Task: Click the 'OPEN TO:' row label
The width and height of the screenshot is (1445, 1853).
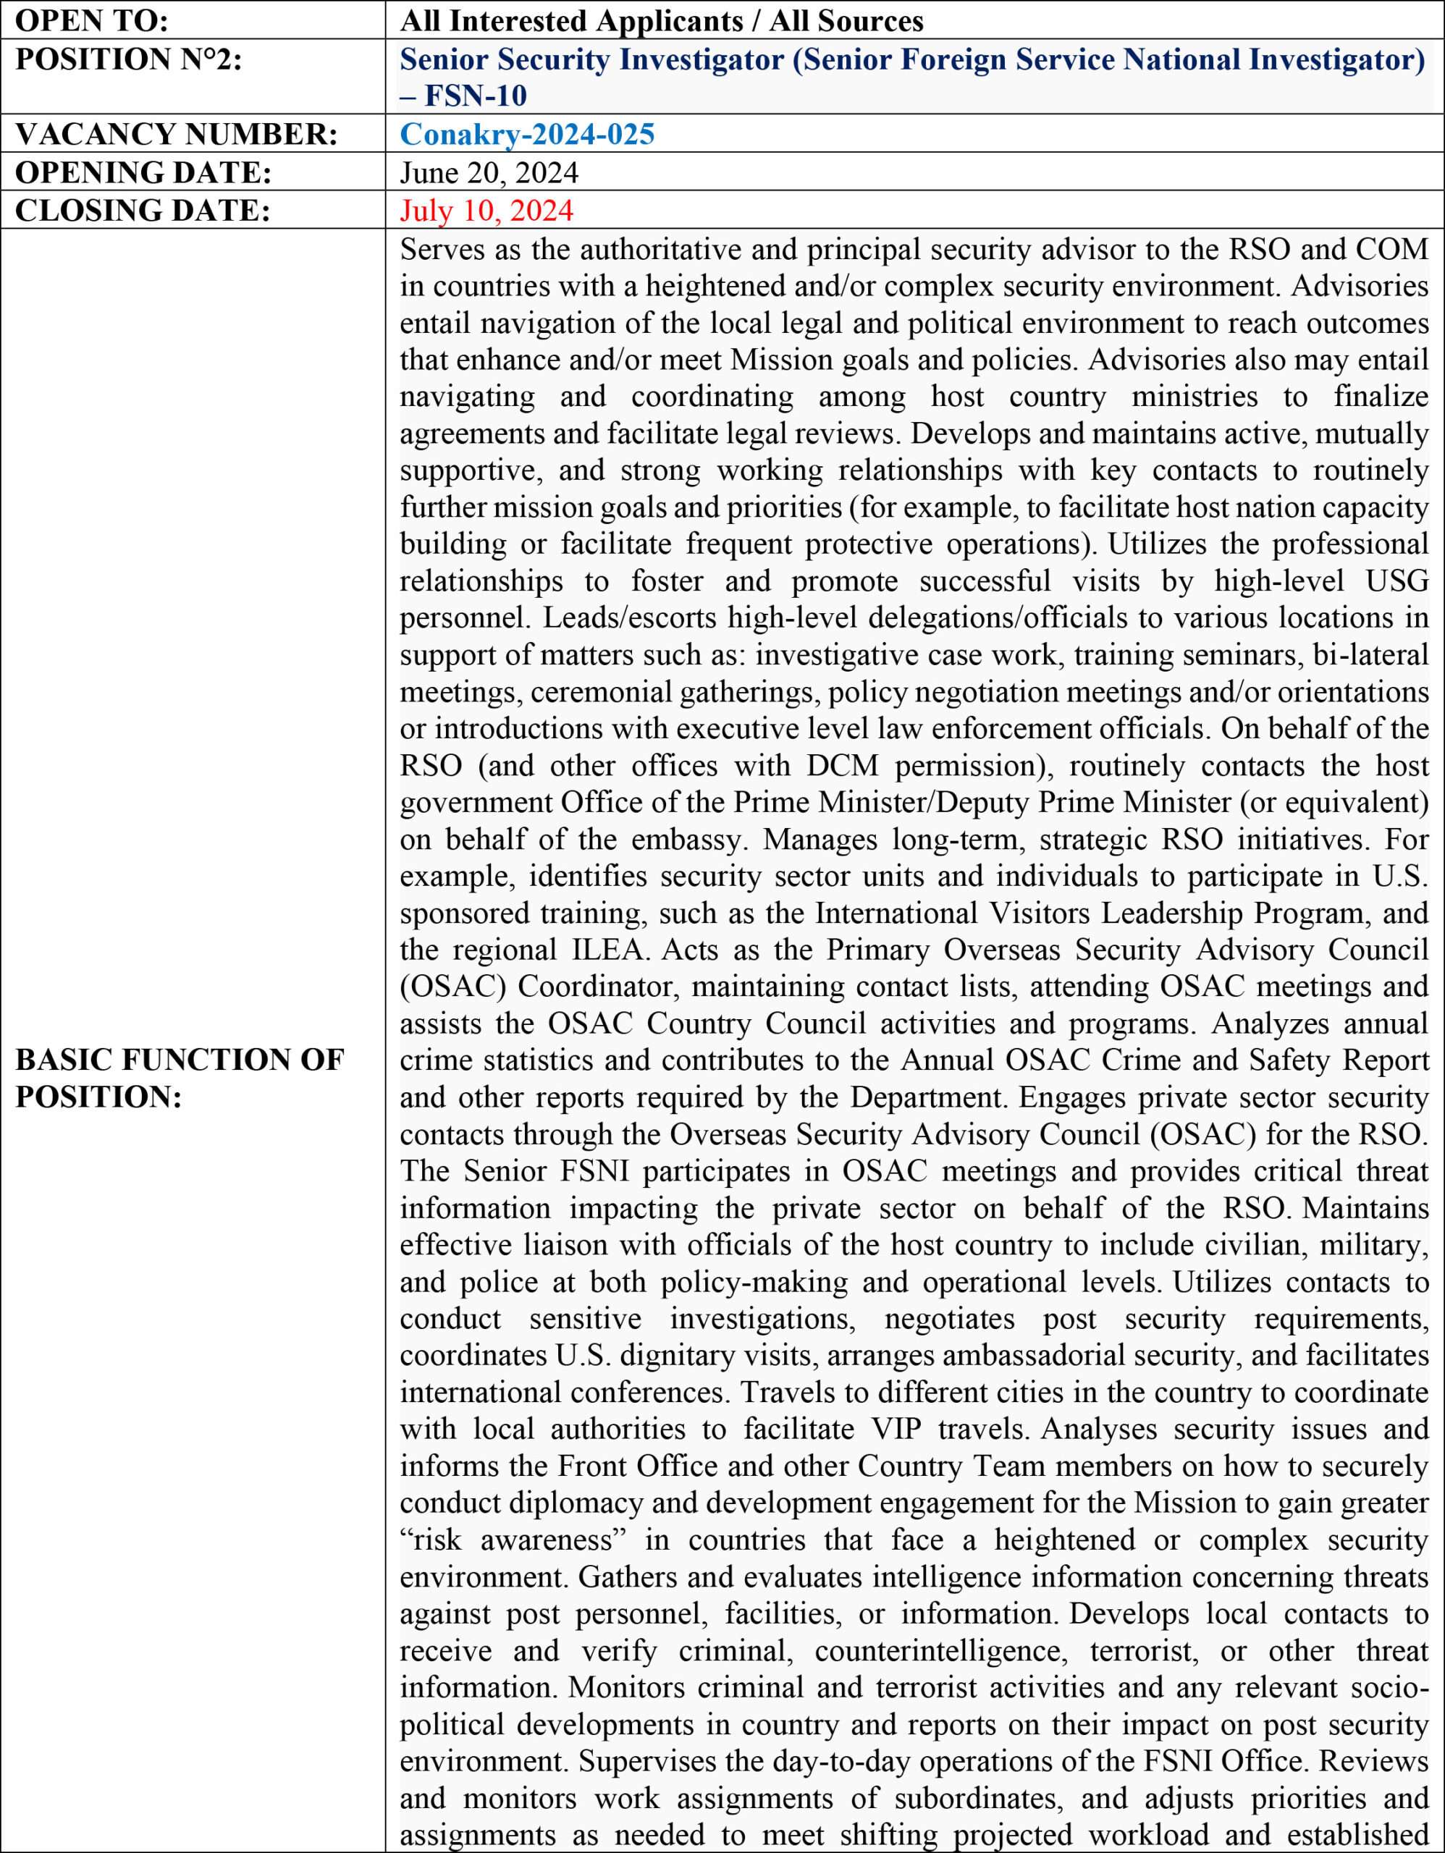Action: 92,20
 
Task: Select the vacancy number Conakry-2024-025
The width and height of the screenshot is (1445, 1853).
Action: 527,134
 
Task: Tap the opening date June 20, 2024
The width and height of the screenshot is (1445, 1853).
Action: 489,172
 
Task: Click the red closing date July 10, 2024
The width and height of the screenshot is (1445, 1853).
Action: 486,211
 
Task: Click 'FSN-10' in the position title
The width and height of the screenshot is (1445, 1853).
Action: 475,96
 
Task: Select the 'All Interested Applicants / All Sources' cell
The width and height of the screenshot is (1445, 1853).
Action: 661,20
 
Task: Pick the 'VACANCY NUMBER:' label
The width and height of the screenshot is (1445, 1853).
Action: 176,134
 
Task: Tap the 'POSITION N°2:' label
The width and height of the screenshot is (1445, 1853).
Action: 128,59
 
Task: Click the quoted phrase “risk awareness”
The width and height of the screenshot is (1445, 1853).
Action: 507,1540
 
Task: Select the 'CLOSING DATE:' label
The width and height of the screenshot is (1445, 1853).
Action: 143,211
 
